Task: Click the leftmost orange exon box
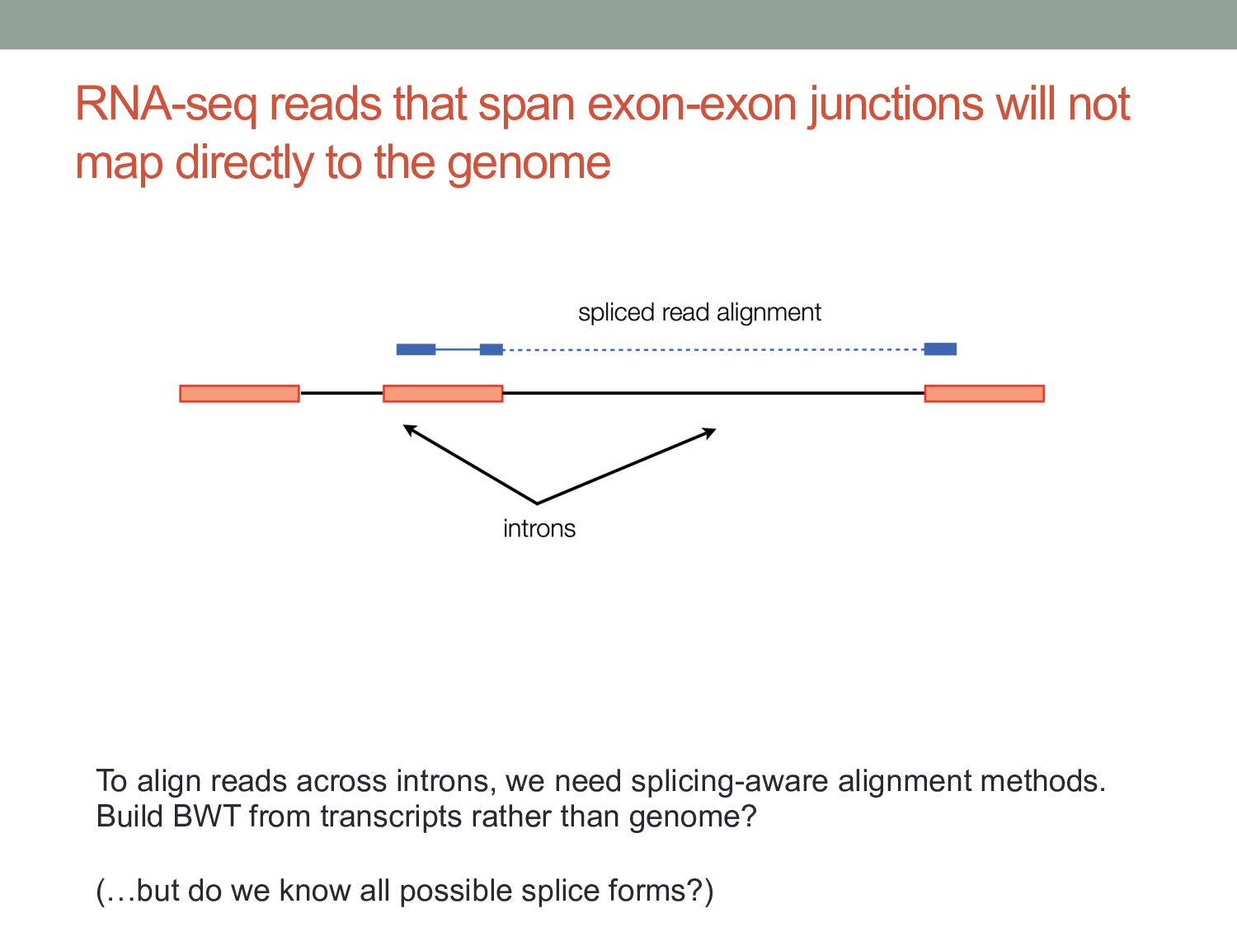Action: click(239, 393)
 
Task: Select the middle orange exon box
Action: click(443, 393)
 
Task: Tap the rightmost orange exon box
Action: click(984, 393)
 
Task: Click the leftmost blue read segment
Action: click(416, 349)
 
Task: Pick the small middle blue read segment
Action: click(492, 349)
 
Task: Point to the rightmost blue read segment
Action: click(940, 349)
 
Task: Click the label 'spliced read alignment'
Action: click(699, 312)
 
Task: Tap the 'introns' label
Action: click(539, 528)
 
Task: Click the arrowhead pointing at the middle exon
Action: click(407, 428)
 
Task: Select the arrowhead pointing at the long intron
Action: click(710, 431)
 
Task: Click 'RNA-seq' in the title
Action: click(166, 105)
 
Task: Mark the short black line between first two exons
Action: click(341, 393)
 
